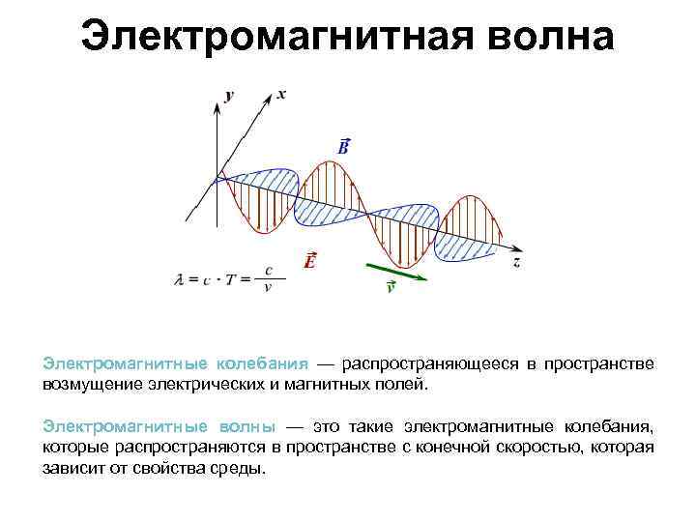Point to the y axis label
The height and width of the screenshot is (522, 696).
(x=229, y=95)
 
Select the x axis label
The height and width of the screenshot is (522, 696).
(x=281, y=94)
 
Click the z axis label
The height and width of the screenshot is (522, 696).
(x=518, y=261)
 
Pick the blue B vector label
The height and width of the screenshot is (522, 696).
(x=343, y=145)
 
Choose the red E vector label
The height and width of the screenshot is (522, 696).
(x=309, y=260)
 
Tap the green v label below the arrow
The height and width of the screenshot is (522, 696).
(x=390, y=287)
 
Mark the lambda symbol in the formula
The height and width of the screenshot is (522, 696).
(x=179, y=280)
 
